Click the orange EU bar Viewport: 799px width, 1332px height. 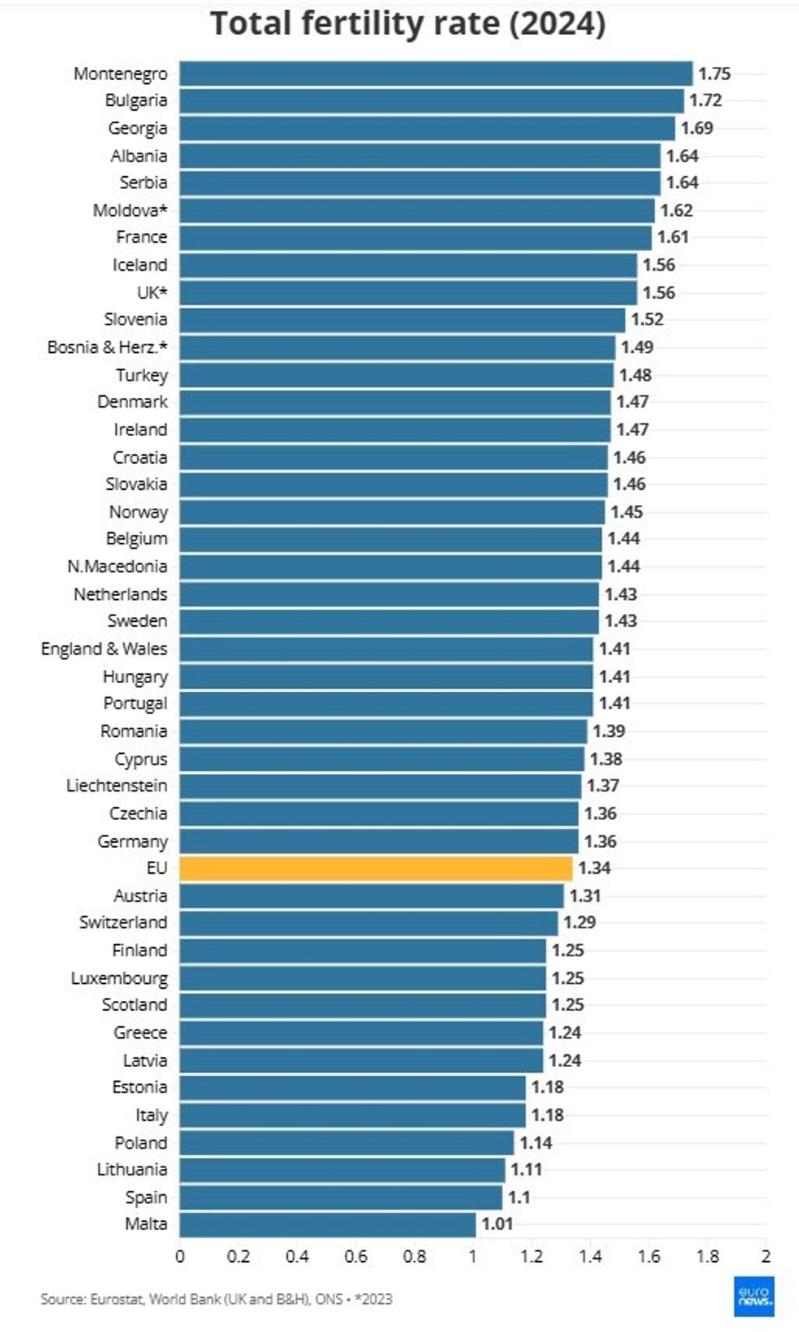(376, 868)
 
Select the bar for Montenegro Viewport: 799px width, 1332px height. (435, 73)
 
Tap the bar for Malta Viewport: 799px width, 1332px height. (327, 1224)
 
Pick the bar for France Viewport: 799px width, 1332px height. (415, 237)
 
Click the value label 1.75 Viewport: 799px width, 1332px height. (714, 73)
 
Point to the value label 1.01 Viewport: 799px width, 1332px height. (497, 1224)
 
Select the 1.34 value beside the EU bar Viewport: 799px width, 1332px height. (594, 868)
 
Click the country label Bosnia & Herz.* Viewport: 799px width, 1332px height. (107, 347)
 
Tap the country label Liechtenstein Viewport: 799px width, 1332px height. (117, 786)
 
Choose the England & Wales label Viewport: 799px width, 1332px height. (104, 649)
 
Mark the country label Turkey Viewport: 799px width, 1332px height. (141, 375)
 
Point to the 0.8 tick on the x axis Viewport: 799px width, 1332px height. (414, 1256)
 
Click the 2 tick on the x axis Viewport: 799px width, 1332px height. (766, 1256)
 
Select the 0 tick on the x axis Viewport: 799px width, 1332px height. (180, 1256)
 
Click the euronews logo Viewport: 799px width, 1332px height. (753, 1296)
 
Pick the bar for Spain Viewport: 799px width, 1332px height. (341, 1197)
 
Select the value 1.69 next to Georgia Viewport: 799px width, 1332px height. (697, 128)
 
